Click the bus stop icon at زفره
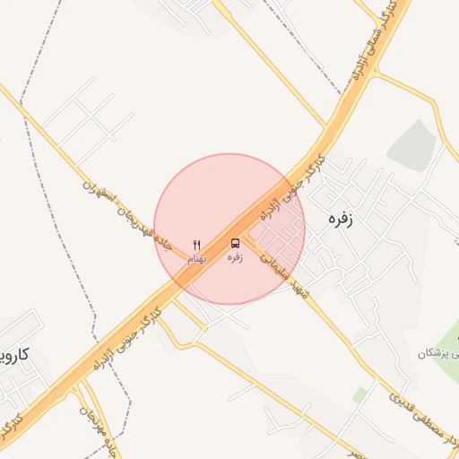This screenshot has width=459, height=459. click(x=235, y=243)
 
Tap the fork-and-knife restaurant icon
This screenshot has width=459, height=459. click(x=197, y=244)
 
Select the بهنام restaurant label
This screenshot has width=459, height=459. click(x=197, y=258)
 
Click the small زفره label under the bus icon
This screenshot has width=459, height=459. click(x=235, y=258)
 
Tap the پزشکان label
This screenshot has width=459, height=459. click(x=437, y=353)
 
